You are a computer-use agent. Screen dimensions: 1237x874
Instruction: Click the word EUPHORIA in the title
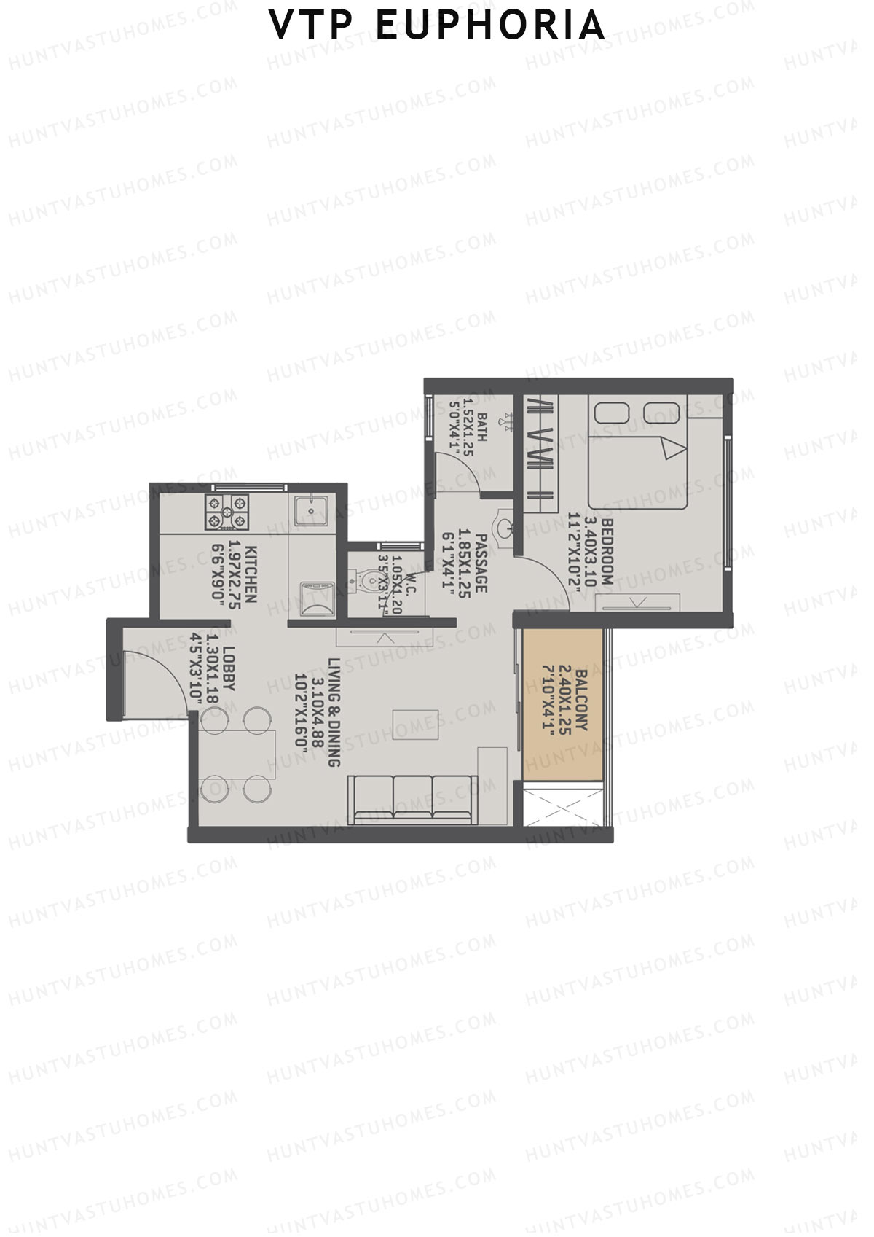(490, 26)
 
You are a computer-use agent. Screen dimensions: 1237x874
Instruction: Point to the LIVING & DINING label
(334, 712)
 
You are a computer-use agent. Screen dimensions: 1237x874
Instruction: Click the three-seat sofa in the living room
(413, 798)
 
